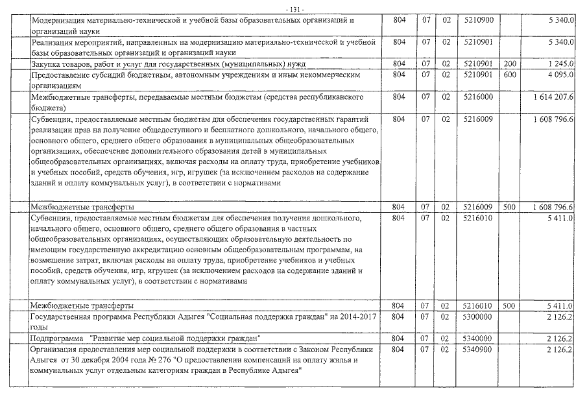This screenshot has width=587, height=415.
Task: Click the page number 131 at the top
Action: tap(294, 8)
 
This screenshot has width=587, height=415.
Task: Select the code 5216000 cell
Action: tap(479, 97)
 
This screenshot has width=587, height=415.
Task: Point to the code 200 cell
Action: tap(509, 64)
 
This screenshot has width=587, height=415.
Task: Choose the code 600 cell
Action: tap(509, 76)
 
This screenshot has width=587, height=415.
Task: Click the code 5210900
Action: tap(479, 21)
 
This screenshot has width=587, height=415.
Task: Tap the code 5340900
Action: tap(479, 350)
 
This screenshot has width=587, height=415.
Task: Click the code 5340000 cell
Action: tap(479, 338)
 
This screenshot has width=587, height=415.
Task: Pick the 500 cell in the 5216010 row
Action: tap(509, 305)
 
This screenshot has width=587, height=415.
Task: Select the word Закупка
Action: tap(47, 64)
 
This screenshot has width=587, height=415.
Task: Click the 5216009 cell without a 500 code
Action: tap(479, 119)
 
